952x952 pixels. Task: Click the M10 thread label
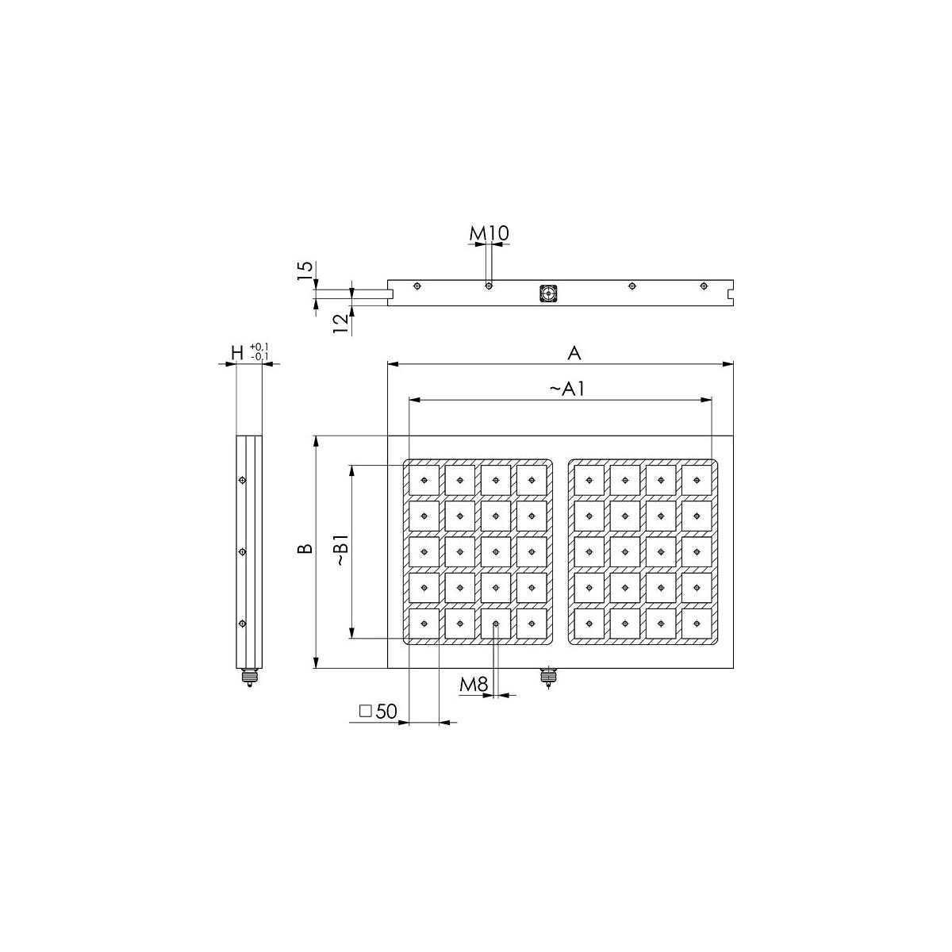[489, 233]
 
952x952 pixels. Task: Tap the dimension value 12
[340, 324]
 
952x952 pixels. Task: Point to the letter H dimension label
[238, 353]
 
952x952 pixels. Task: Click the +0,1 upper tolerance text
[259, 347]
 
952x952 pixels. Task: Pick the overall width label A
[574, 353]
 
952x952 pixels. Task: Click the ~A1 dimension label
[567, 390]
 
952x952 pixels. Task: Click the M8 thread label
[474, 684]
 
